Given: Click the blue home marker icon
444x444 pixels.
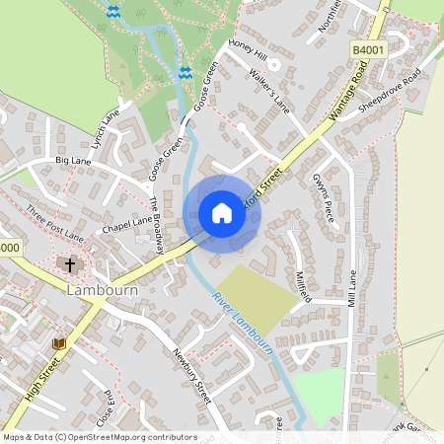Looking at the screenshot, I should coord(222,213).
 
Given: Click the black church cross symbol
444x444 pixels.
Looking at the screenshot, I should coord(70,264).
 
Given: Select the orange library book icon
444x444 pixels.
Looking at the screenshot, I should coord(59,343).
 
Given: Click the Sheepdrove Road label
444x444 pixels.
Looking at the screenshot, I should coord(390,90).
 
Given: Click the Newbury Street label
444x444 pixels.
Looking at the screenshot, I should coord(191,376).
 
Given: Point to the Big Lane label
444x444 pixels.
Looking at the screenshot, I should coord(73,159).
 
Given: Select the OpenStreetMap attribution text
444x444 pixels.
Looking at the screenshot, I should coord(100,437).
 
